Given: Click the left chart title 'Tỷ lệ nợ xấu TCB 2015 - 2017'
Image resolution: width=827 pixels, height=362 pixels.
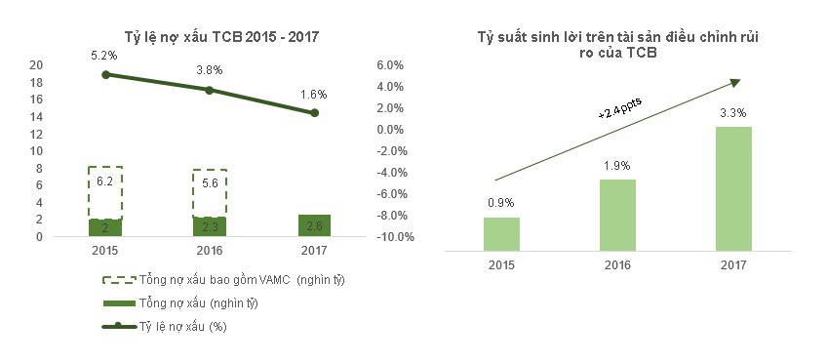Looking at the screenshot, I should pos(222,37).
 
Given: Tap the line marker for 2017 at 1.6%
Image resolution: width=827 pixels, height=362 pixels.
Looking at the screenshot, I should pos(314,113).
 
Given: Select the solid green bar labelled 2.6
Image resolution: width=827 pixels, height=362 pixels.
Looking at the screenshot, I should pos(314,225).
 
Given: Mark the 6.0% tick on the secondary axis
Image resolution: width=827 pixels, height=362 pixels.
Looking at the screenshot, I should pos(388,65).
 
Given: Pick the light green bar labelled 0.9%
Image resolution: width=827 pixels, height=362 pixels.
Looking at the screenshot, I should pos(503,232).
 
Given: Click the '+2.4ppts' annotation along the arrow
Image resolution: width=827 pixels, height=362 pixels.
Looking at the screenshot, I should pos(617,107).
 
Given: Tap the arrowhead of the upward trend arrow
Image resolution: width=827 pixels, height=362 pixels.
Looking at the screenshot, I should pos(734,81).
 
